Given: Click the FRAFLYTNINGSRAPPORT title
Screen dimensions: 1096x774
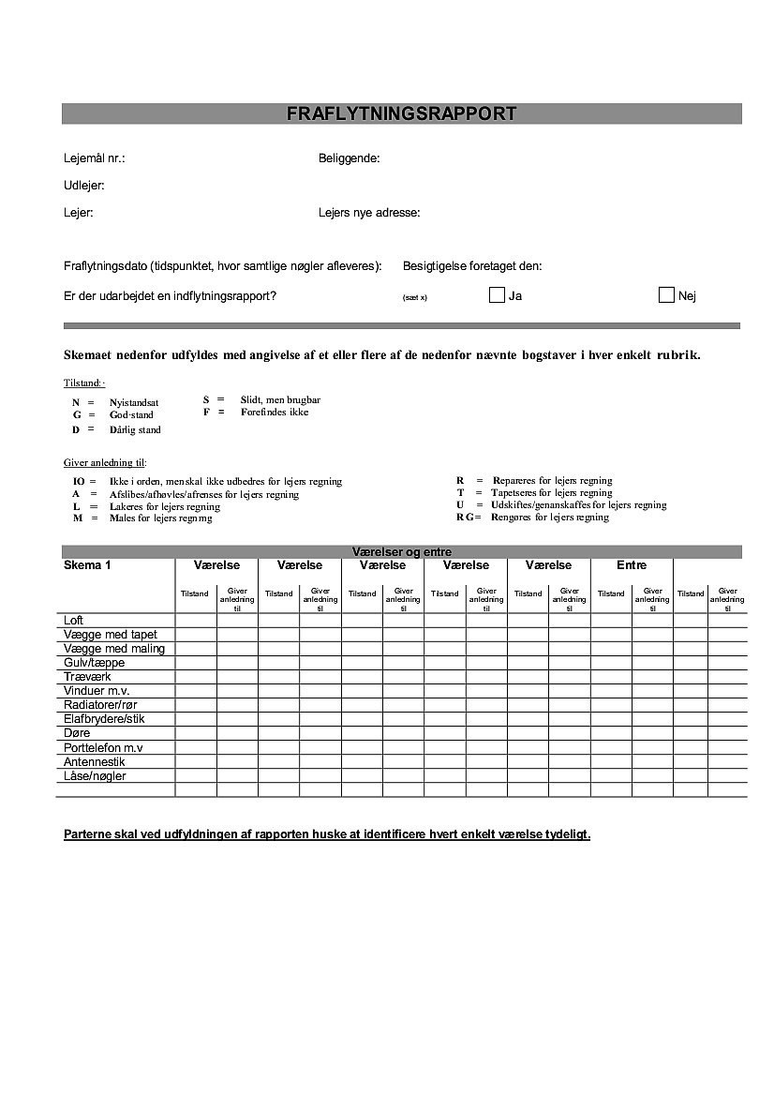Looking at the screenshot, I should [x=401, y=114].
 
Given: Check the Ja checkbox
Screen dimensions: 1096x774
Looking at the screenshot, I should [x=497, y=295].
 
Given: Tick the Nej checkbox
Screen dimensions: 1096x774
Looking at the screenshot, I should [x=666, y=295].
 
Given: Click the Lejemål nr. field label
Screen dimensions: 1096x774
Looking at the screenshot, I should [x=95, y=158].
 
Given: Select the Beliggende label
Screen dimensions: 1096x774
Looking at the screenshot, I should [x=349, y=158].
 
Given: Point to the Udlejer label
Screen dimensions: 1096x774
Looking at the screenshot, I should [x=83, y=186].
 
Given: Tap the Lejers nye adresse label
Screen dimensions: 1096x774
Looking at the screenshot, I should [x=369, y=213].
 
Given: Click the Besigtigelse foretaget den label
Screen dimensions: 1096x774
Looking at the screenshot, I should [x=472, y=266].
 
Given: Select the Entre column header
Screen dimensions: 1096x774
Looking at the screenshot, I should [x=632, y=565].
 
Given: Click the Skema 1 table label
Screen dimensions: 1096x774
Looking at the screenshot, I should [x=87, y=565].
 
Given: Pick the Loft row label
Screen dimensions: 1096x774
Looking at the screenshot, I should [x=74, y=621].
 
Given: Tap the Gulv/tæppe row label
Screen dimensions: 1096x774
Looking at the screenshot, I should [x=94, y=663].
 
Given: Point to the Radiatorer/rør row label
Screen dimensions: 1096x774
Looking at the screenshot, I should [x=103, y=705].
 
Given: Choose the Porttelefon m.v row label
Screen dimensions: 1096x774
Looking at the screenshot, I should [x=103, y=747].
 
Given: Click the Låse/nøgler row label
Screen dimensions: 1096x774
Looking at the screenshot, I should [x=95, y=775].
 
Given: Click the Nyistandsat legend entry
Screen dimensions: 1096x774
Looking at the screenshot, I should [x=134, y=402].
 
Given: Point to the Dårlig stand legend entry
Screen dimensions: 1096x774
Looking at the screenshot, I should [x=135, y=430].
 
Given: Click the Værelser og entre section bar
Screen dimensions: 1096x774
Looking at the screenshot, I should [x=401, y=552].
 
